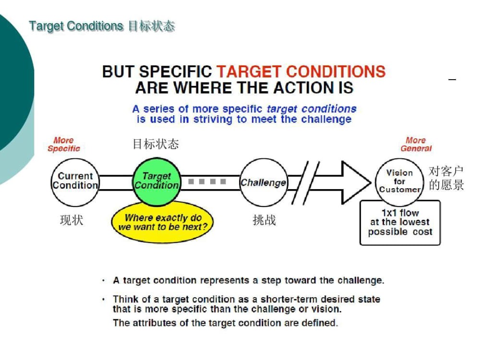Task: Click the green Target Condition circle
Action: point(157,182)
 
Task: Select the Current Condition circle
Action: point(75,182)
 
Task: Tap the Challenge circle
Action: point(264,182)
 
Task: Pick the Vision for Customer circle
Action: point(399,181)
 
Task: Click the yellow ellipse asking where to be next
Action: point(162,222)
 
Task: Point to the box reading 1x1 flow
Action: point(400,223)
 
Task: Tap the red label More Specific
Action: point(64,144)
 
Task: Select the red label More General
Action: point(416,144)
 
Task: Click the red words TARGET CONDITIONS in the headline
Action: point(301,72)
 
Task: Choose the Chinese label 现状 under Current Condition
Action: point(72,220)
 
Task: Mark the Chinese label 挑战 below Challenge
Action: point(264,220)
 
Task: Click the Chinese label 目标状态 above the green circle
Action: point(156,144)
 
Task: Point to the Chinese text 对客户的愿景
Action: point(446,178)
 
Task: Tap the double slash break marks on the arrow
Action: point(305,183)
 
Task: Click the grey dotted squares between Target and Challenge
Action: point(207,181)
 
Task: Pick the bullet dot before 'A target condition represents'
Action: point(104,280)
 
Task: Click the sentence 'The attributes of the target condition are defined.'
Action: point(225,323)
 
